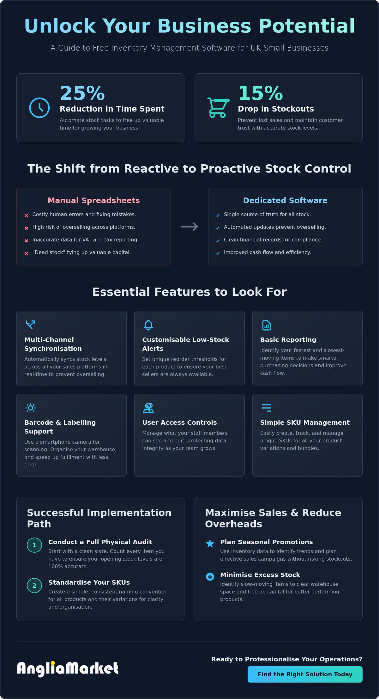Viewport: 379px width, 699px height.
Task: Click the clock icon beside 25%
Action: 39,108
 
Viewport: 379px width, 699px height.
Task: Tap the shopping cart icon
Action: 218,108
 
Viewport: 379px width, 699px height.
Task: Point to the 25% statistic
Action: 82,93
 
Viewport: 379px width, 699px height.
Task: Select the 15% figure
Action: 261,93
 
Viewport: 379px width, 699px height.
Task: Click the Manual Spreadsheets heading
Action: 93,200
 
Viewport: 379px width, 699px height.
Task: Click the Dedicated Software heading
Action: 285,200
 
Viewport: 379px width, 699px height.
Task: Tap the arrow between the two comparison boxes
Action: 189,227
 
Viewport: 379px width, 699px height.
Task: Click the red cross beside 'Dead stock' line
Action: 27,253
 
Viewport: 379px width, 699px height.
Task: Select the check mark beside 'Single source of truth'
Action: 218,216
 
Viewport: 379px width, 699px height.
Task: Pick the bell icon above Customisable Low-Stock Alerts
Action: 148,325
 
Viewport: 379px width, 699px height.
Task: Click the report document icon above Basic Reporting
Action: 267,325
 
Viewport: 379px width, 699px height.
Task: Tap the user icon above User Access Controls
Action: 148,408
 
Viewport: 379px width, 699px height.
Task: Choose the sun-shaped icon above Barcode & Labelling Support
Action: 31,408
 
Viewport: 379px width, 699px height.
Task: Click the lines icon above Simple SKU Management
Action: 267,408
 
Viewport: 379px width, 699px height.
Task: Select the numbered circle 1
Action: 34,545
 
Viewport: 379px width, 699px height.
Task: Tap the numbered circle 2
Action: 34,586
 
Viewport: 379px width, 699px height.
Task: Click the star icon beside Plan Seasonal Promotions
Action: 210,544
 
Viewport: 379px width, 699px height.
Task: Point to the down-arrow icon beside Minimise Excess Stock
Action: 210,576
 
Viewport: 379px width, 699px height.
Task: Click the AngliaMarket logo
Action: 68,668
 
